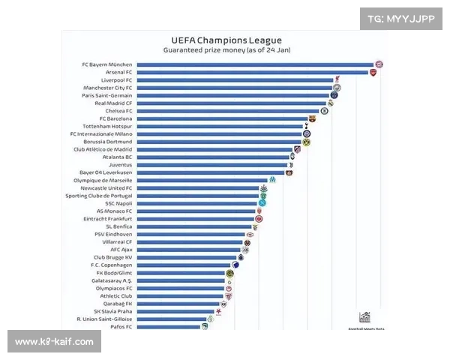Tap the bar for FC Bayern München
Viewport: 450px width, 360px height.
point(255,64)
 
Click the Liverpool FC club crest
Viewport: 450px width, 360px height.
point(338,79)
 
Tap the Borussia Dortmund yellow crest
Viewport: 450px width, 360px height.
point(306,142)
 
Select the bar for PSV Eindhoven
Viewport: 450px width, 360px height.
point(191,234)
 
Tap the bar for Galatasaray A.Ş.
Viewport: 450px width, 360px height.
point(181,280)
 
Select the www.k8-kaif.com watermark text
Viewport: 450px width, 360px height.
point(54,342)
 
